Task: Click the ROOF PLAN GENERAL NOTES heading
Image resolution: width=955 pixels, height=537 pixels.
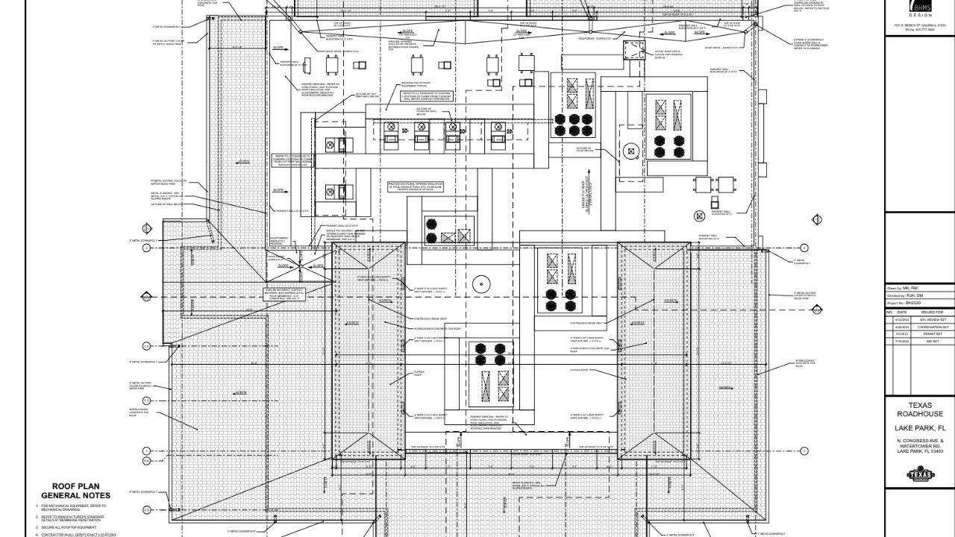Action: (75, 491)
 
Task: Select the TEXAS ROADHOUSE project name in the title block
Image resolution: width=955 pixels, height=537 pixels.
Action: (920, 409)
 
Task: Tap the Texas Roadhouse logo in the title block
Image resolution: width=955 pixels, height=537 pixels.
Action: (920, 474)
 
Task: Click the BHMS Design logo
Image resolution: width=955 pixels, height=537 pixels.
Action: (920, 8)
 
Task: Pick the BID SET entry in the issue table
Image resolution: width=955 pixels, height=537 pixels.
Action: (933, 341)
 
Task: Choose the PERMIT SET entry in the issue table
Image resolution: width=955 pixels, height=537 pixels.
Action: (933, 334)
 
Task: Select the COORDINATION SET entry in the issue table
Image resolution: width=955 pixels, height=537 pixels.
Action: (933, 327)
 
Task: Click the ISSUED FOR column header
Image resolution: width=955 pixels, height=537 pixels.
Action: (933, 312)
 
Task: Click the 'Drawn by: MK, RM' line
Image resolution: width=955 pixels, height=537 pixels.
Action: (903, 288)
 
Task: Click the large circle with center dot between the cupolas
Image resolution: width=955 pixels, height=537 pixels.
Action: (480, 283)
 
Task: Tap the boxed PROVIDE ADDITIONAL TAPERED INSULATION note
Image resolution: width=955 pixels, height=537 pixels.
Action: (416, 186)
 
